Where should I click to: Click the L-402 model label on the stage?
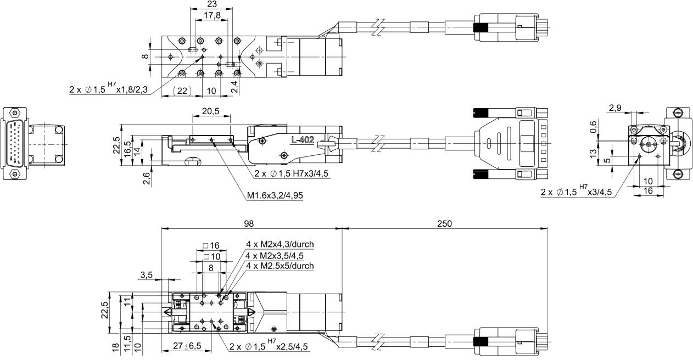coord(303,140)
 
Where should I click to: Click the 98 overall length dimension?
coord(249,223)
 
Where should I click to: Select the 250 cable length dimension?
coord(445,223)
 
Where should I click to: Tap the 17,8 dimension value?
coord(212,15)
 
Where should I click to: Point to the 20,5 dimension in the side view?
coord(211,111)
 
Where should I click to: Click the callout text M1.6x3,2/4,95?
coord(275,195)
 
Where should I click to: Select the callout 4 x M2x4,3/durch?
coord(280,244)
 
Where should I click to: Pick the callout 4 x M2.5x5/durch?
coord(280,266)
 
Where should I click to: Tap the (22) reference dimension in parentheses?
coord(182,91)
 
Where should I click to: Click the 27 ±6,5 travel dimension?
coord(187,346)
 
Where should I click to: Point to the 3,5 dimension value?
coord(146,275)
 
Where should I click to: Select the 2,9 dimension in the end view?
coord(615,108)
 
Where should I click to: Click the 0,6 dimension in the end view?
coord(593,127)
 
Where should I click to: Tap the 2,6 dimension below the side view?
coord(147,178)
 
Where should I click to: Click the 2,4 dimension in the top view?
coord(235,87)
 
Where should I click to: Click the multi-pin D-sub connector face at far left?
coord(14,144)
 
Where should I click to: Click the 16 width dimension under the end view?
coord(648,191)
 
